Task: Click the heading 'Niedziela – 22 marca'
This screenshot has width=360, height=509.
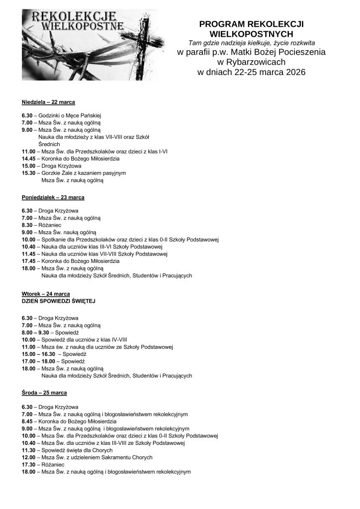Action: tap(48, 102)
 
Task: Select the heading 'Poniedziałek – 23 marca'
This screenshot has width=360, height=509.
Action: tap(53, 197)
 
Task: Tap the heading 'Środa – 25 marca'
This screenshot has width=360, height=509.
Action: tap(45, 393)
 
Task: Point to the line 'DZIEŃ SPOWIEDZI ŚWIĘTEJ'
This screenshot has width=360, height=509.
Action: tap(58, 301)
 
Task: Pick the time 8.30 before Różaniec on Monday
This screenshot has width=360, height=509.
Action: tap(27, 225)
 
